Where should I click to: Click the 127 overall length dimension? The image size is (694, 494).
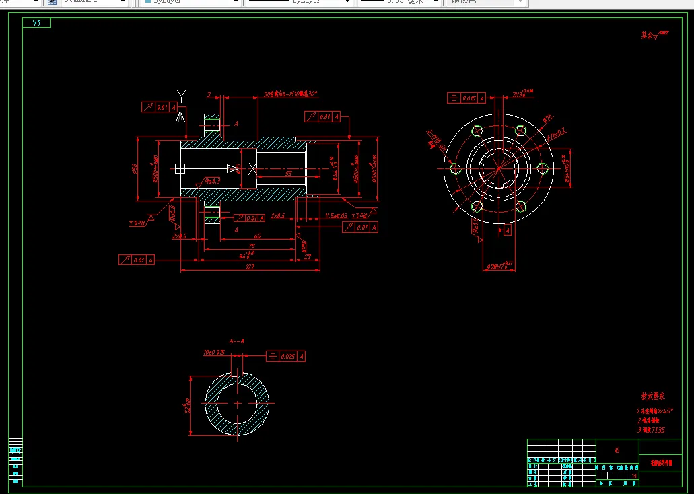coord(250,267)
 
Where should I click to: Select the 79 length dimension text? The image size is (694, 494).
coord(251,246)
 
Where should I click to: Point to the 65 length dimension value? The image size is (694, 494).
coord(257,236)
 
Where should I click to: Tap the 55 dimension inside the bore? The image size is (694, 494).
coord(288,174)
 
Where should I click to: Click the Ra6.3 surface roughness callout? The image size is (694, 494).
coord(213,181)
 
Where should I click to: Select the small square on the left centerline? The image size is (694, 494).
coord(180,168)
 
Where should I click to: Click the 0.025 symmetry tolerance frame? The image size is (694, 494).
coord(286,356)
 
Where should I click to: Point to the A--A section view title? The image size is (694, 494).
coord(236,341)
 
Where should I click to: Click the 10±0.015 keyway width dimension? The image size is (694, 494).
coord(214,351)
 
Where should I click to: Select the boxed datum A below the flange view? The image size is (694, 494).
coord(507,230)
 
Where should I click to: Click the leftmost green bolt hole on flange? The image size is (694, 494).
coord(454,168)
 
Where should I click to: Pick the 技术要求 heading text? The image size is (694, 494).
coord(652,397)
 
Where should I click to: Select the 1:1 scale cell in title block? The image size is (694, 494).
coord(633,476)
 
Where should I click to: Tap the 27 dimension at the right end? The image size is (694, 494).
coord(308,256)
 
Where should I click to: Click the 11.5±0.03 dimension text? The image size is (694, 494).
coord(336,216)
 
